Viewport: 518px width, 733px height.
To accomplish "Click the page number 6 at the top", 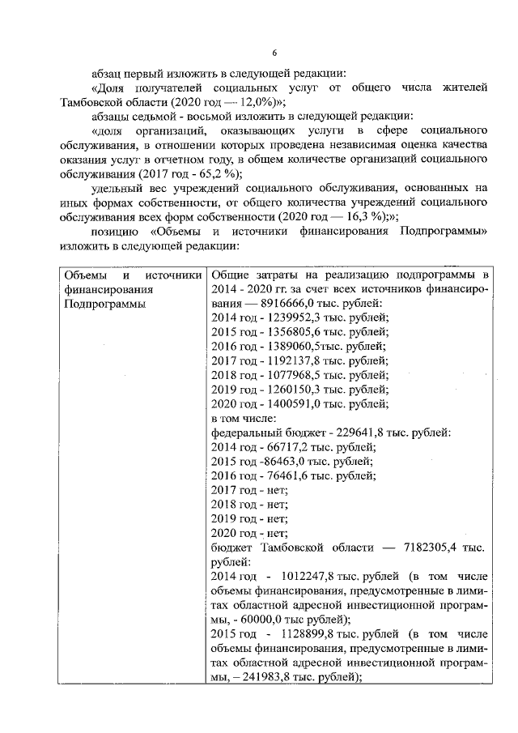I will click(x=274, y=53).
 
